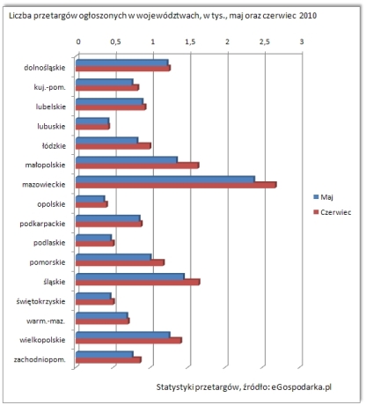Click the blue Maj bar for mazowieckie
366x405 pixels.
point(165,180)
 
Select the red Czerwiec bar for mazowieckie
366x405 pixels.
point(176,185)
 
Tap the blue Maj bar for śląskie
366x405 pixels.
point(130,277)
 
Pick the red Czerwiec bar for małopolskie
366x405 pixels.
point(137,166)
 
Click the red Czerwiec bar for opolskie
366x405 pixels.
point(91,204)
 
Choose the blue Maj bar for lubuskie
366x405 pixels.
point(92,121)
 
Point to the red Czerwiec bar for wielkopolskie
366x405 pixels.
point(128,341)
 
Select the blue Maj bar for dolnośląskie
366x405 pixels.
point(122,63)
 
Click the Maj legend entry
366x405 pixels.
point(323,197)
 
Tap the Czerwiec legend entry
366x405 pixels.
point(332,212)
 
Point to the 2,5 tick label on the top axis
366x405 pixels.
point(265,42)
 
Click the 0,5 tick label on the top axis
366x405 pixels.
point(115,42)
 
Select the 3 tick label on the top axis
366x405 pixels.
point(302,41)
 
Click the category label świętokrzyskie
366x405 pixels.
point(40,302)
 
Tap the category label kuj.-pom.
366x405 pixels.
point(49,87)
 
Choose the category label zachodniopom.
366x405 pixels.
point(40,360)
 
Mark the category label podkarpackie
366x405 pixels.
point(42,224)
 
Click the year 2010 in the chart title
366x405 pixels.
point(308,16)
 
